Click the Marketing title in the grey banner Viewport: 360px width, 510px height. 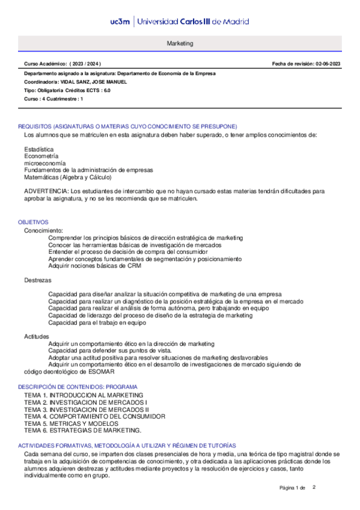[180, 44]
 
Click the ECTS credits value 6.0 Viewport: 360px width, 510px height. [107, 90]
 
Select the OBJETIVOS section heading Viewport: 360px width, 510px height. [34, 222]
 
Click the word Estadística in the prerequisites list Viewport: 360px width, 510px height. [38, 149]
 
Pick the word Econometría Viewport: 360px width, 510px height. [41, 156]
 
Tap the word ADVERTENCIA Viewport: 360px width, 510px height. [46, 191]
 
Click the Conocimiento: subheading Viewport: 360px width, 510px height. [43, 230]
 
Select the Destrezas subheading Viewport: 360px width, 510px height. [38, 280]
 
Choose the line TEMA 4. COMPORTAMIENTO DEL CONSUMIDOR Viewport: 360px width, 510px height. [94, 416]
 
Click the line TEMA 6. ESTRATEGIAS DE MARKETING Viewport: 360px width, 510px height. [83, 430]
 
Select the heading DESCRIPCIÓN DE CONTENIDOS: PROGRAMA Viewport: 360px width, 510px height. [78, 386]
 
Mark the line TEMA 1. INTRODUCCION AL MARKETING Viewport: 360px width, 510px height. [84, 395]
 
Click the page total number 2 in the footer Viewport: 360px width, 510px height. [314, 487]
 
